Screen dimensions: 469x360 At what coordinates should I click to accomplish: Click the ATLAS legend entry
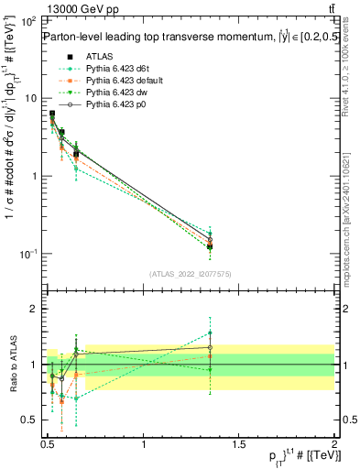[98, 57]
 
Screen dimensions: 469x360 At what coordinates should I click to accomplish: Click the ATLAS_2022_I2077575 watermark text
[191, 274]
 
